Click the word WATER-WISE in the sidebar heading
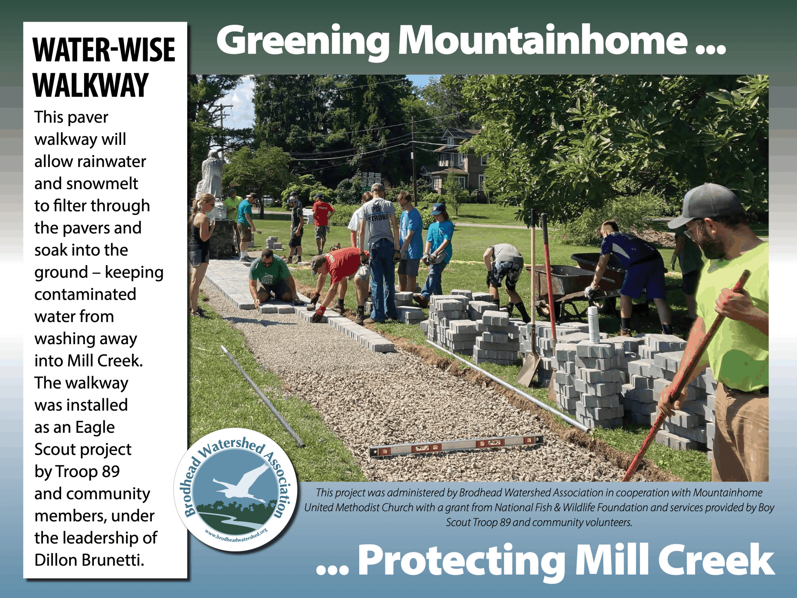tap(104, 50)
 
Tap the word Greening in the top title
tap(303, 41)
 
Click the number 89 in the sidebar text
tap(111, 471)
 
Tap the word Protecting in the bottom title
tap(461, 561)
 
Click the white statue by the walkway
tap(212, 183)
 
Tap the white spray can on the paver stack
tap(593, 324)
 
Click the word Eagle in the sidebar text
tap(95, 428)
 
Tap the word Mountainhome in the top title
tap(542, 40)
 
